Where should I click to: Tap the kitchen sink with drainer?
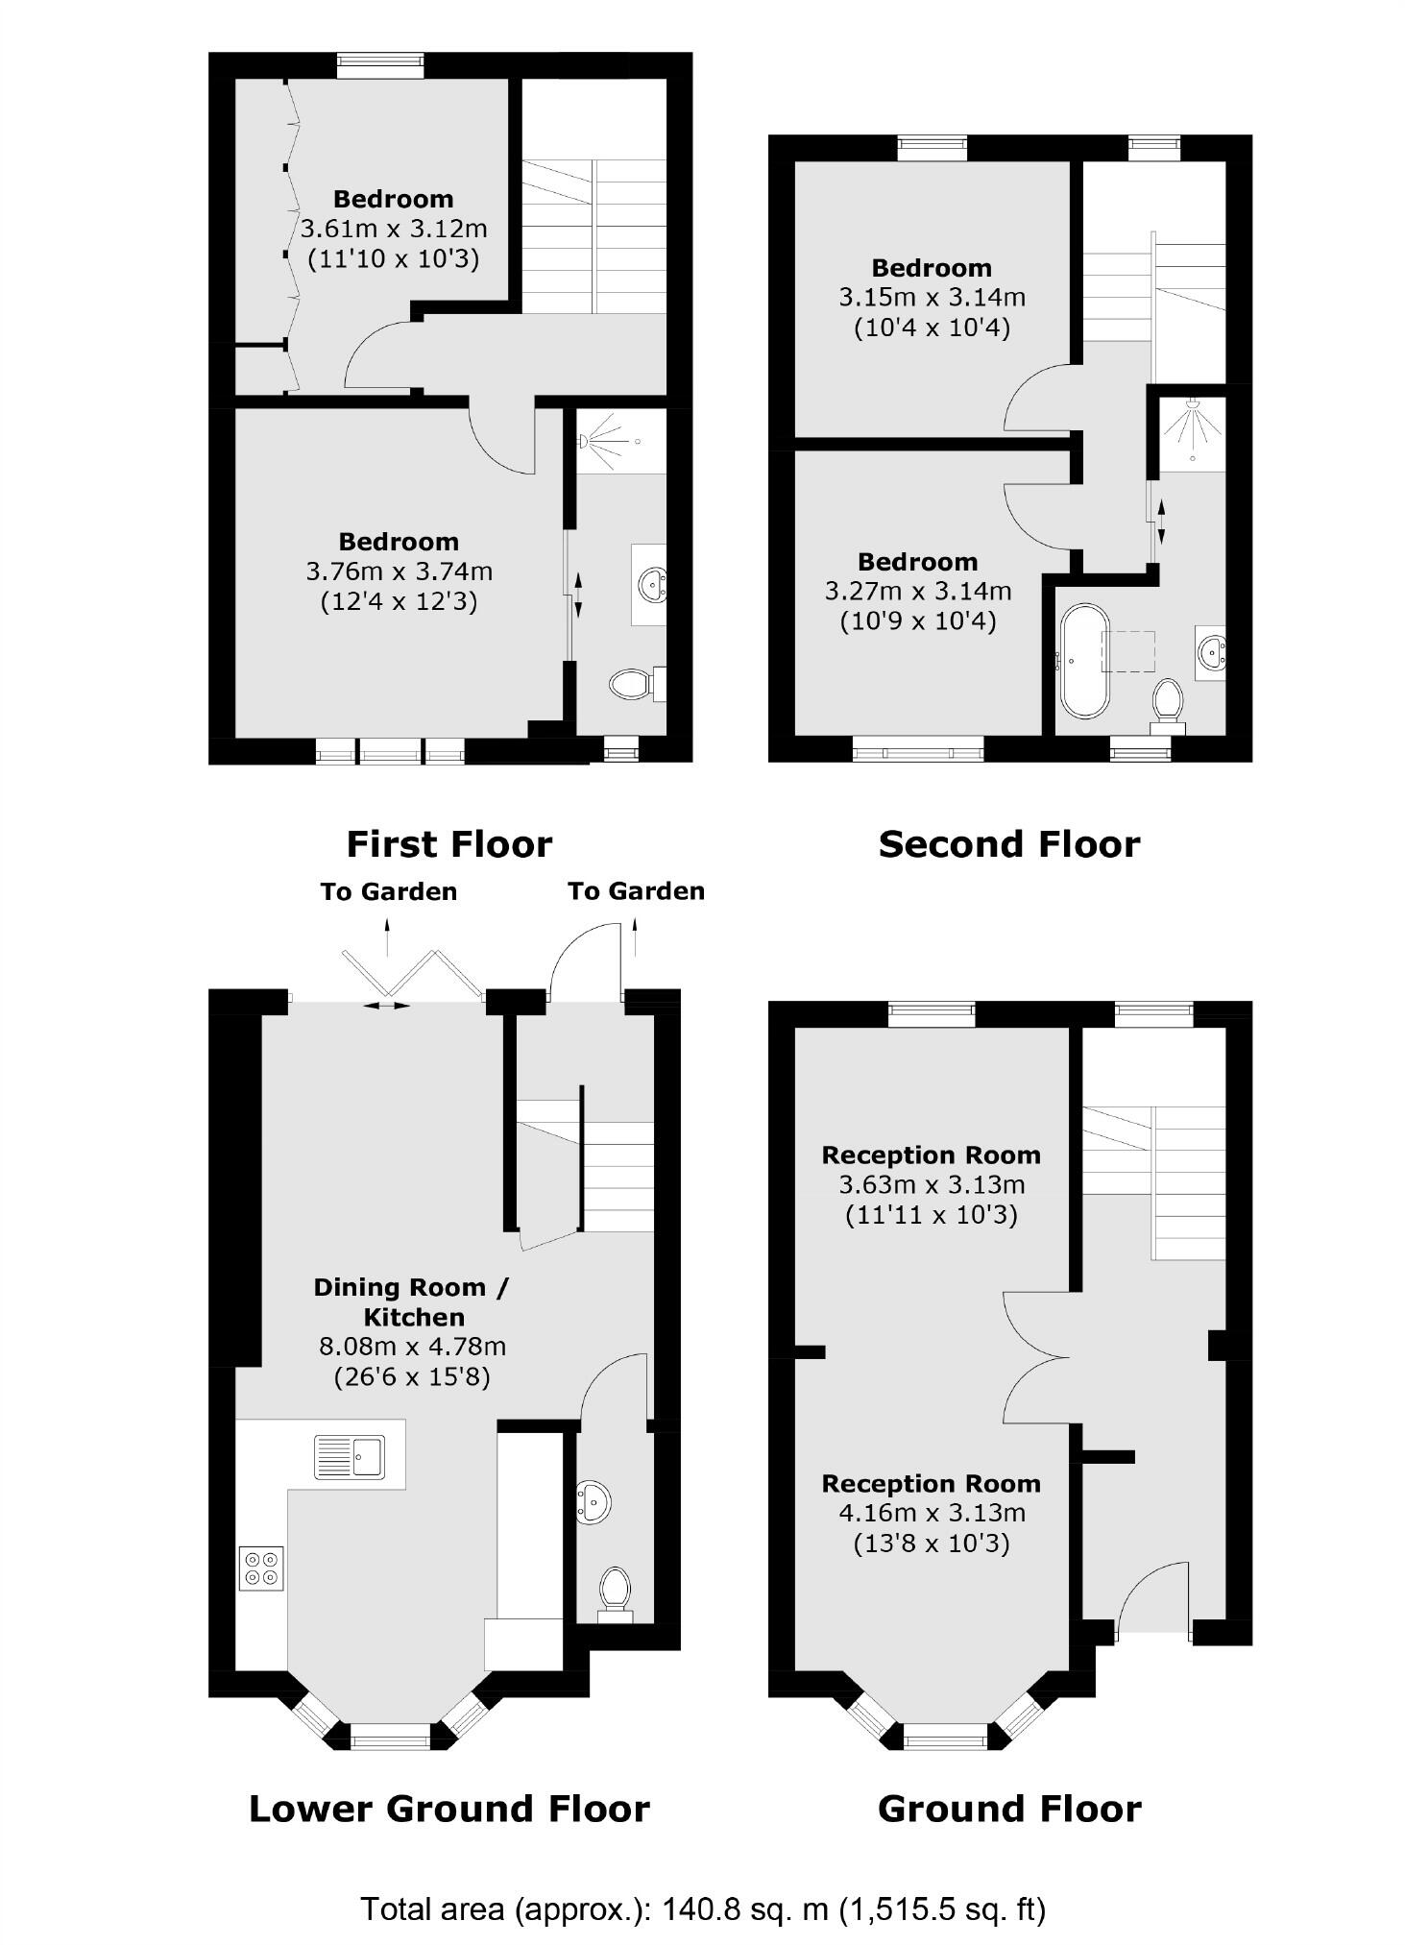click(349, 1456)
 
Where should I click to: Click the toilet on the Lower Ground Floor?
click(613, 1590)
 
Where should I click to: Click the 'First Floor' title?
click(448, 844)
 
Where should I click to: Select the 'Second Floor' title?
click(1008, 844)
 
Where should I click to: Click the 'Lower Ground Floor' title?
click(448, 1809)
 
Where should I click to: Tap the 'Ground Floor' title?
click(1008, 1809)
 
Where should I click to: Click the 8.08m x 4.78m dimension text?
click(412, 1347)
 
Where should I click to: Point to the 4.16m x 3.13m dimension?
click(932, 1513)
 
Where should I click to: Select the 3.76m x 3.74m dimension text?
click(399, 571)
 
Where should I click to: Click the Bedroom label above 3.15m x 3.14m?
click(932, 268)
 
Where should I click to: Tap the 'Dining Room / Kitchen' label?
click(412, 1301)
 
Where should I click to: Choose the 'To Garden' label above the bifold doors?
click(388, 891)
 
